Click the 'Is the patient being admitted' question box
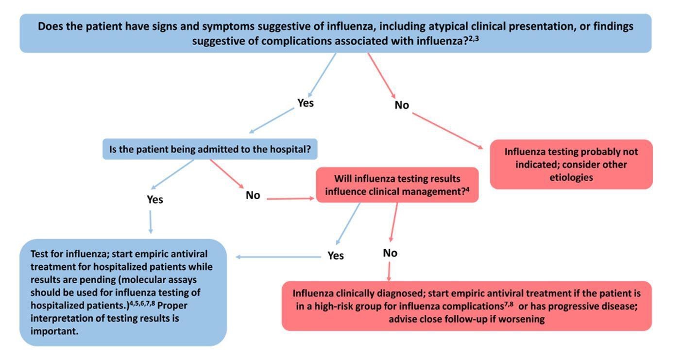click(210, 149)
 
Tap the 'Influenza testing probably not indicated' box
click(571, 165)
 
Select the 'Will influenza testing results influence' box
click(397, 185)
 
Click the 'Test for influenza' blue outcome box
click(123, 292)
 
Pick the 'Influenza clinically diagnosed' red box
click(467, 306)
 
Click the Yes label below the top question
click(306, 103)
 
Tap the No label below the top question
click(402, 105)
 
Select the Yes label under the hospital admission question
click(155, 200)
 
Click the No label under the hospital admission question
click(253, 195)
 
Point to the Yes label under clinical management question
click(336, 256)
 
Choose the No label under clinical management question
click(390, 253)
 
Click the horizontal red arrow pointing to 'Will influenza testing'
click(290, 199)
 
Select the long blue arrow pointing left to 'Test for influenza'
click(279, 257)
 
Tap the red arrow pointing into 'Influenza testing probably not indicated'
click(447, 131)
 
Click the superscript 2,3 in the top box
click(474, 38)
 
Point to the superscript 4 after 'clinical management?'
click(467, 189)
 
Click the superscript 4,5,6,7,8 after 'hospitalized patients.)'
click(142, 303)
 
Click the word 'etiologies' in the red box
click(571, 177)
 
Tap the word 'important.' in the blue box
click(54, 331)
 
